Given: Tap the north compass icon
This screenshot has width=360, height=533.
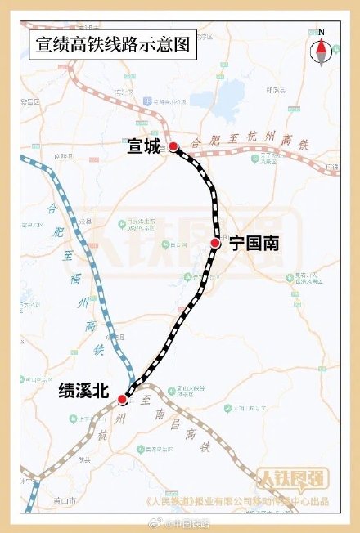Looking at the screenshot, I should pos(322,52).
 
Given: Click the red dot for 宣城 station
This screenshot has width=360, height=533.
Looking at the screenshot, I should pos(173,147).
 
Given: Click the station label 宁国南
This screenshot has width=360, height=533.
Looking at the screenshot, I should pos(254,243).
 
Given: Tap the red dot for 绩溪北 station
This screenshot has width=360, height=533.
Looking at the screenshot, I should pos(123,400).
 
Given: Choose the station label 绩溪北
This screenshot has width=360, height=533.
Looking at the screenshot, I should pos(83,392).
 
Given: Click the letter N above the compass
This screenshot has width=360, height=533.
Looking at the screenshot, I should pos(322,31).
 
